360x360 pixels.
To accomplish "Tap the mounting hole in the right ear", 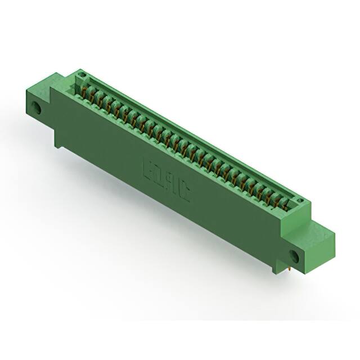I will tap(294, 256).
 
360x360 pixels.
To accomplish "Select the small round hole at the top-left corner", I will tap(82, 75).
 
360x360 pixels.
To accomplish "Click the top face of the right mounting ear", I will tap(321, 225).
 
